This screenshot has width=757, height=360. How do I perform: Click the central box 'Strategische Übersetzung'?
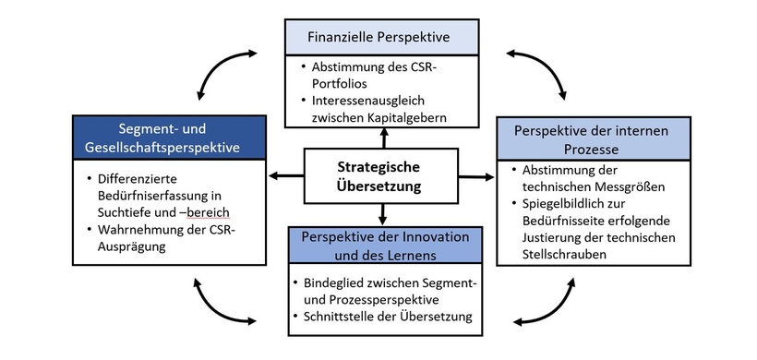[378, 176]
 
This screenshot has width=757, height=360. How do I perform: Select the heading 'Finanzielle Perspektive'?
[381, 39]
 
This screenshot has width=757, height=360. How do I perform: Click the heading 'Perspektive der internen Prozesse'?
[590, 139]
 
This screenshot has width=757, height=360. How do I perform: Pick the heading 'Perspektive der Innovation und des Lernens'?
[378, 246]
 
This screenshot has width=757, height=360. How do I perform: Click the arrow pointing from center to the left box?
[285, 175]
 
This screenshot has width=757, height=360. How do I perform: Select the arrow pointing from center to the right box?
[476, 176]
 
